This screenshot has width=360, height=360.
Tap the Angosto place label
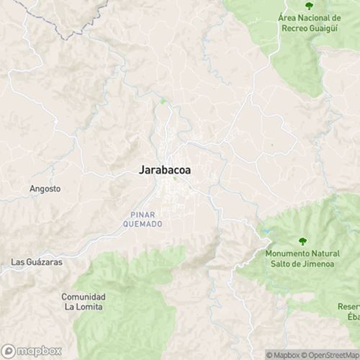pos(45,189)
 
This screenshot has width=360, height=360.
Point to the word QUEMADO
pos(146,224)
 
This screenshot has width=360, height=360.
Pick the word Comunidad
pos(83,297)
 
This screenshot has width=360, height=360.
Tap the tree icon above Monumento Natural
pos(302,241)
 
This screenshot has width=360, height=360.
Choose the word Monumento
pos(288,254)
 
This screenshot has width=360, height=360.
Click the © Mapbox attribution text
pos(284,354)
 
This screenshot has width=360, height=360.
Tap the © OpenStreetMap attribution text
pos(333,354)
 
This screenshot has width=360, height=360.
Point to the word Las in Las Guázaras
pos(17,263)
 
